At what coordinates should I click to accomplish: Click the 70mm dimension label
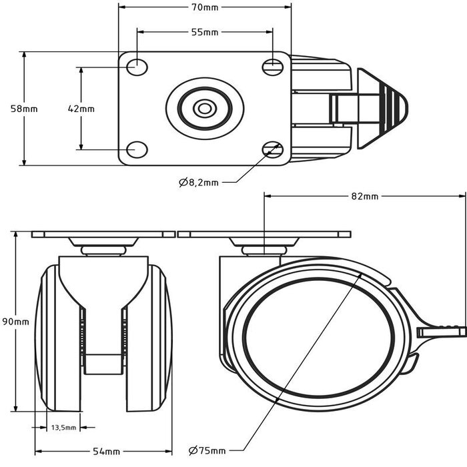[x=205, y=8]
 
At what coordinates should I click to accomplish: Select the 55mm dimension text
[x=205, y=32]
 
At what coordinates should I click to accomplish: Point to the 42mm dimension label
[x=81, y=108]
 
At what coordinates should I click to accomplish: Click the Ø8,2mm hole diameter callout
[x=199, y=181]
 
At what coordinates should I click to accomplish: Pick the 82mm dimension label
[x=364, y=196]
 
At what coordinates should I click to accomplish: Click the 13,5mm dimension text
[x=65, y=428]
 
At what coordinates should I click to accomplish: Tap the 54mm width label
[x=103, y=452]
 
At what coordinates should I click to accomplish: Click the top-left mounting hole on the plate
[x=137, y=66]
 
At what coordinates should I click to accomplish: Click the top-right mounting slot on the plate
[x=272, y=66]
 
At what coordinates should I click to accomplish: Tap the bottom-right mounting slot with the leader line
[x=272, y=148]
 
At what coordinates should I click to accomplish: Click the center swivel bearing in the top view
[x=203, y=107]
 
